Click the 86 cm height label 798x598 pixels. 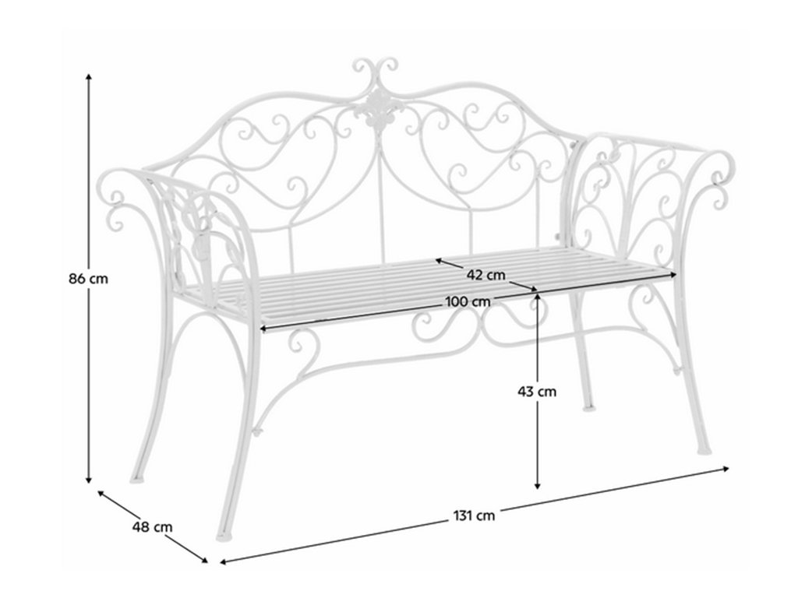click(89, 279)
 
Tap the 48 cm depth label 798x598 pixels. click(152, 527)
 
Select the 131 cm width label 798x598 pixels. click(474, 515)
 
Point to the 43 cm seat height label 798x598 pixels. click(537, 392)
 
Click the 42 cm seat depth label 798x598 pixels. click(486, 275)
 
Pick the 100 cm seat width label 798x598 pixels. click(468, 301)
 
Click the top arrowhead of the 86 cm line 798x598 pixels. click(89, 77)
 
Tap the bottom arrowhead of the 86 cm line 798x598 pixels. click(89, 480)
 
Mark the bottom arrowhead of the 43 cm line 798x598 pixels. click(538, 486)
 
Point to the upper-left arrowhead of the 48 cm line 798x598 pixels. click(101, 493)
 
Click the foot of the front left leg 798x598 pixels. click(222, 536)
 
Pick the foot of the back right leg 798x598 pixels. click(588, 406)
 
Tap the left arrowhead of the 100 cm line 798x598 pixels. click(263, 329)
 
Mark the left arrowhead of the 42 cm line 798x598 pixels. click(439, 261)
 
